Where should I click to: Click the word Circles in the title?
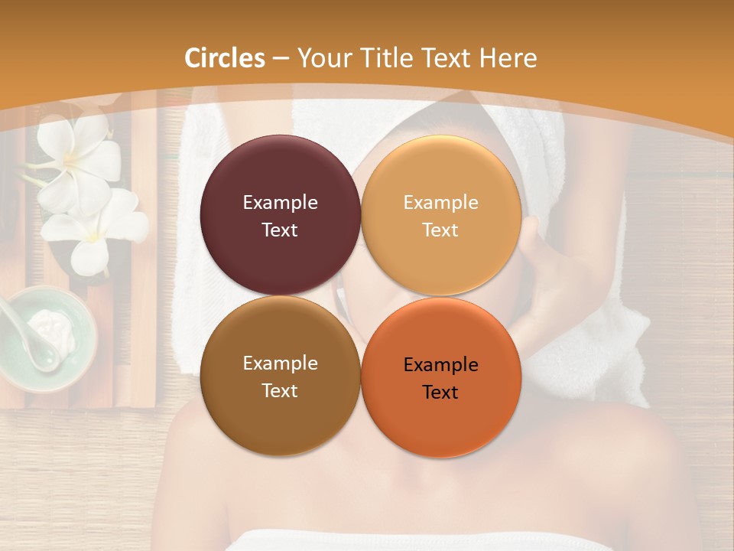tap(225, 58)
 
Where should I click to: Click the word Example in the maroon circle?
tap(280, 203)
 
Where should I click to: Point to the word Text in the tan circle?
tap(441, 230)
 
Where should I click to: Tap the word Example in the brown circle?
tap(280, 364)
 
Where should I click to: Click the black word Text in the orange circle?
tap(441, 392)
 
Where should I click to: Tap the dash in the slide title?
tap(281, 58)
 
